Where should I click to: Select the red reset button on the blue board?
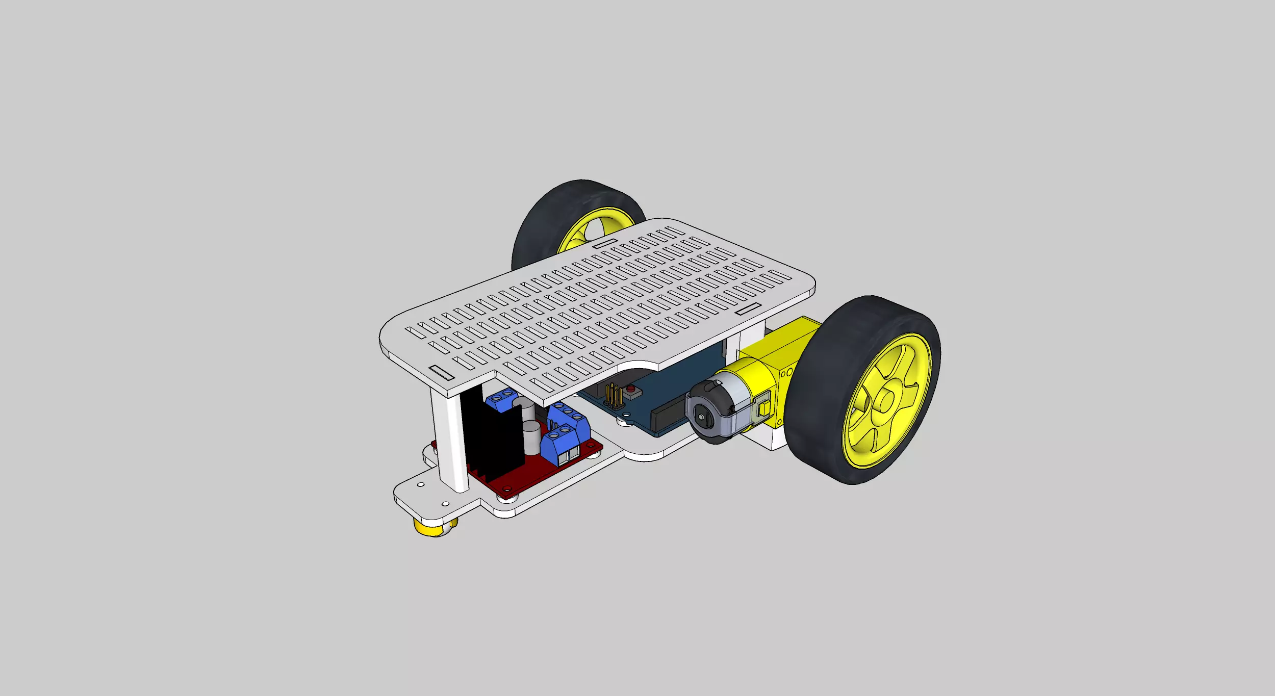631,390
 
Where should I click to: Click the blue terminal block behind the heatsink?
501,399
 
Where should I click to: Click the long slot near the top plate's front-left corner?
442,373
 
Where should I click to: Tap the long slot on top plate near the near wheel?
748,308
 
